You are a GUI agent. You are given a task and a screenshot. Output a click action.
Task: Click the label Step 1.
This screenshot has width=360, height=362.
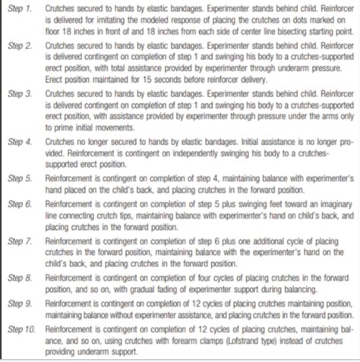tap(17, 8)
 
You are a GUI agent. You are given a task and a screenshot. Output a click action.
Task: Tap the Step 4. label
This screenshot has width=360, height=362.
tap(17, 142)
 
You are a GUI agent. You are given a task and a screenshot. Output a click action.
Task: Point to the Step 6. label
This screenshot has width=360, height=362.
tap(17, 205)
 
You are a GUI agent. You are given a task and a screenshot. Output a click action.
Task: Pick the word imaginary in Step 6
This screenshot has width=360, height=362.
tap(322, 206)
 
